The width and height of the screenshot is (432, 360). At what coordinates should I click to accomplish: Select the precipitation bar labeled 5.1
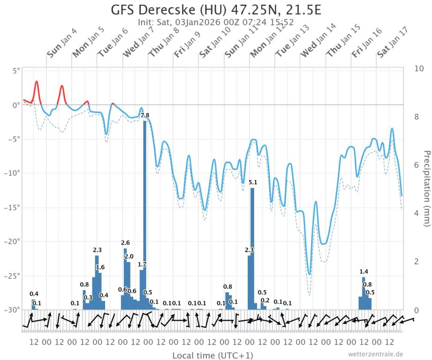click(x=252, y=248)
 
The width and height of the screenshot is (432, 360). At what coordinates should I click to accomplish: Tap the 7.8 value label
click(x=145, y=115)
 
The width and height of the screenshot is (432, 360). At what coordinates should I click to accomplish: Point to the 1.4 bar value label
click(x=364, y=272)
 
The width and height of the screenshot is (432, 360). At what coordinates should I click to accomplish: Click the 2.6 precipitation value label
click(x=125, y=243)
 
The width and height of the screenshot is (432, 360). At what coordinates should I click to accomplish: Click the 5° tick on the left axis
click(x=16, y=71)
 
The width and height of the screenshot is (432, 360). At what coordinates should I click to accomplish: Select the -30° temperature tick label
click(x=13, y=310)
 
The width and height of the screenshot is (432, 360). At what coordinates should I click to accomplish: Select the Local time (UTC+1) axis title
click(x=213, y=355)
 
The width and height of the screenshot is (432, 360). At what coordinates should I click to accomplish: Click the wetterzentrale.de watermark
click(x=375, y=354)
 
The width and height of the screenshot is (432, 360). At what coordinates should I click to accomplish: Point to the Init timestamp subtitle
click(x=216, y=22)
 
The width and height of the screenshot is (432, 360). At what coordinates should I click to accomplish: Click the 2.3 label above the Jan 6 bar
click(x=98, y=250)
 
